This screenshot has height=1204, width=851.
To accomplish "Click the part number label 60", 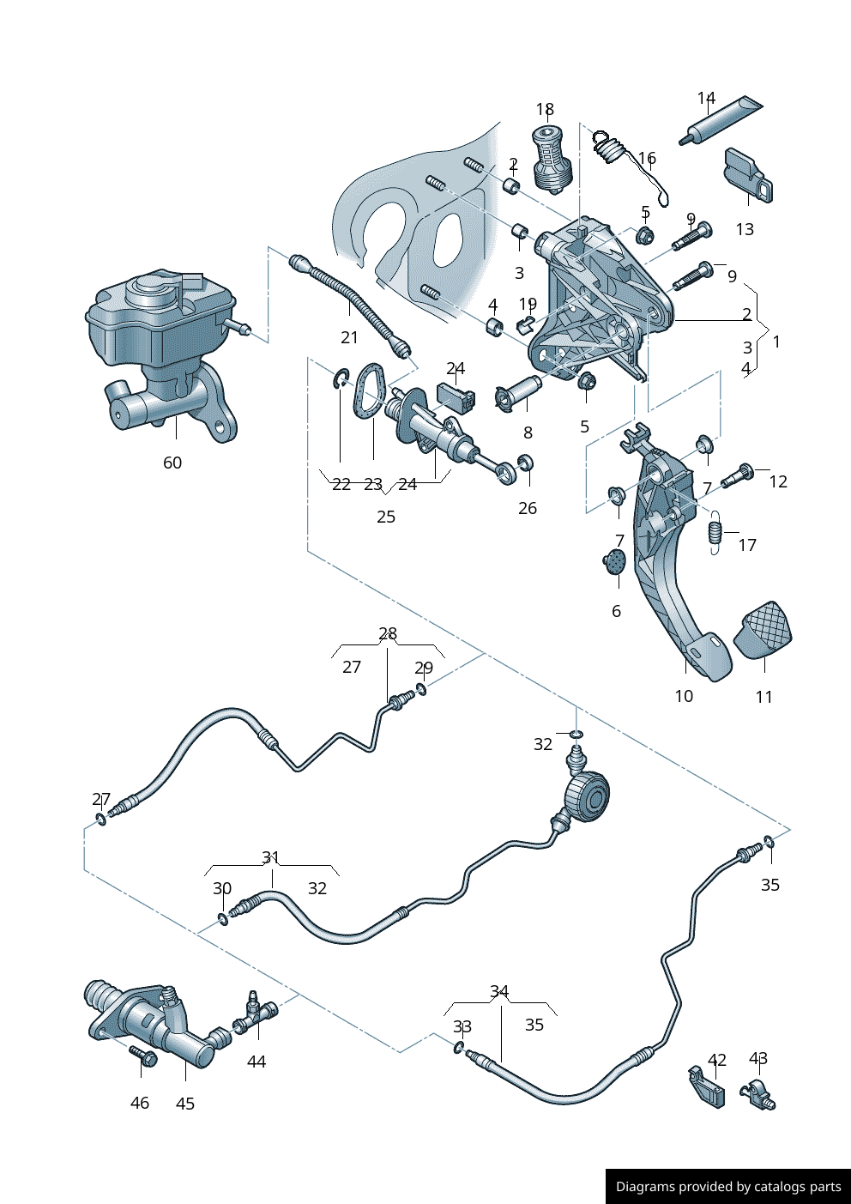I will [x=172, y=463].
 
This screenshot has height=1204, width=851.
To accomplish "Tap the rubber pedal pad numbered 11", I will [x=763, y=632].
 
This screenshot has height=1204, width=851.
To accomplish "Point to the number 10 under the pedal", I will [x=684, y=696].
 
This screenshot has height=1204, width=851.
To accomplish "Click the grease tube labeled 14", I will [x=721, y=120].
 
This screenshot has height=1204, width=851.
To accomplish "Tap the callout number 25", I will [x=386, y=517].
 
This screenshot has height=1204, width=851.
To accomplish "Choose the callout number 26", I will [x=528, y=508].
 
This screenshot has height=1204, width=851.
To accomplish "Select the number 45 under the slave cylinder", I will [x=185, y=1104].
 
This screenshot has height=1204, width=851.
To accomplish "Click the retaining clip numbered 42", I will [x=707, y=1088].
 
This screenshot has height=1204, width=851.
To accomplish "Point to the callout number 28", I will [x=388, y=634].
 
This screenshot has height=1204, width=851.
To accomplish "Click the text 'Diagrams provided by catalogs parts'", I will [x=728, y=1187].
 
